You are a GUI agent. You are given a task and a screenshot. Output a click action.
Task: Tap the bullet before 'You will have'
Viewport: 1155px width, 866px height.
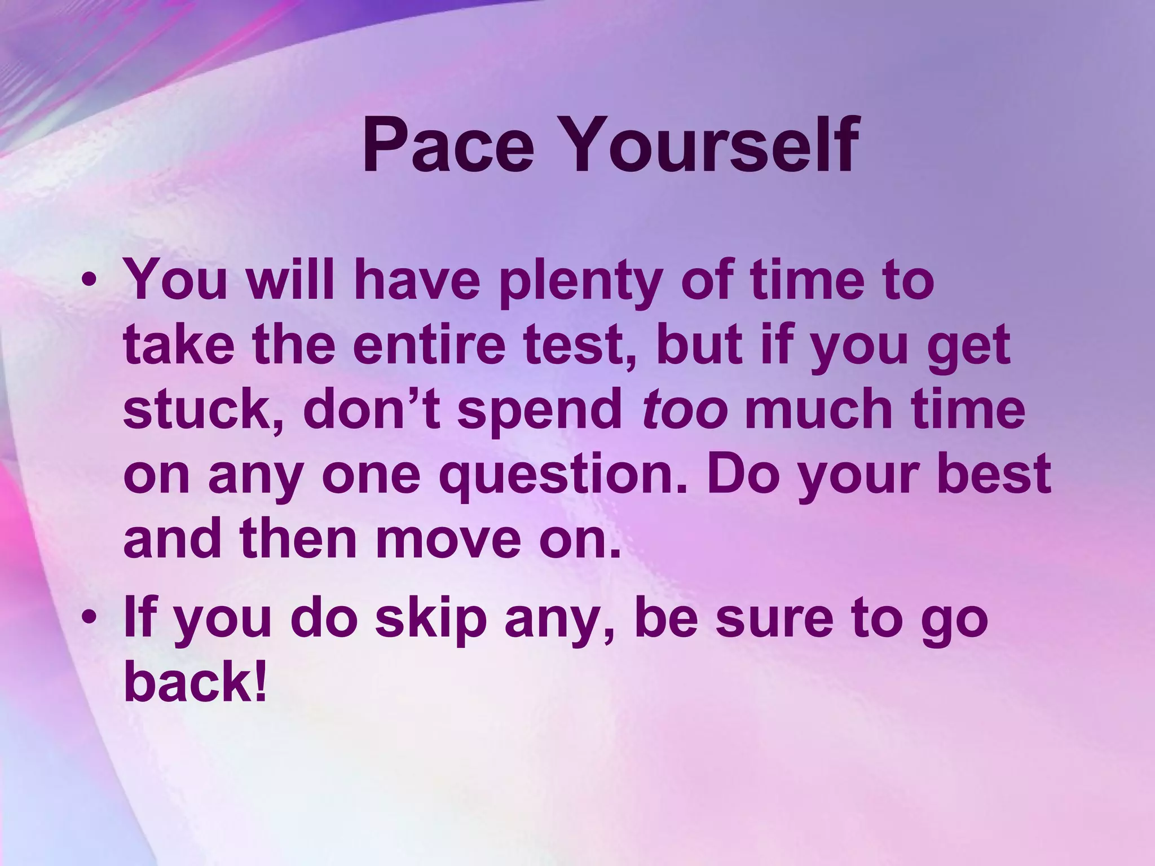(x=90, y=280)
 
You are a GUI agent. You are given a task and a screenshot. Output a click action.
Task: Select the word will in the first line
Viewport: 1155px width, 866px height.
(x=290, y=280)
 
